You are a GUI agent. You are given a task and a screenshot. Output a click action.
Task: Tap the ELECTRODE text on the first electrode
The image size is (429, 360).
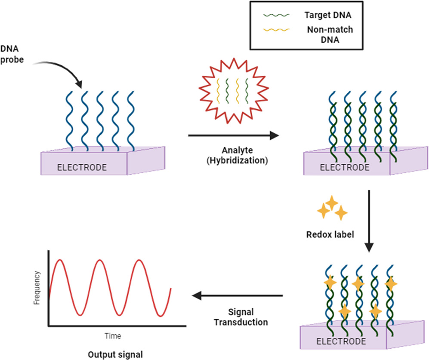point(82,167)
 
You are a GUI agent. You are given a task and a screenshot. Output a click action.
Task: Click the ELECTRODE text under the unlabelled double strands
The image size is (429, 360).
point(344,167)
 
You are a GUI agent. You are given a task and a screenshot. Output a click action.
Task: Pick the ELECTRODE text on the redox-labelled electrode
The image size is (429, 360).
point(341,342)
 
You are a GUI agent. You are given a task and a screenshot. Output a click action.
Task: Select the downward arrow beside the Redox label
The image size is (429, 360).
point(369,222)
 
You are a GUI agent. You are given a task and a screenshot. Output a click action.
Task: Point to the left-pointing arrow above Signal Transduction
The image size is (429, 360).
point(237,296)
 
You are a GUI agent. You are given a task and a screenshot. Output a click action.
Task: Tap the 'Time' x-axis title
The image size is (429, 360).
point(113,335)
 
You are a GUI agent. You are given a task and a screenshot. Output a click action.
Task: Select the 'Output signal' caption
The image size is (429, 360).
point(115,355)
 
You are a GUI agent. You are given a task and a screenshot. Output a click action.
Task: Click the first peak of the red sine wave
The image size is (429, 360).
point(61,260)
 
